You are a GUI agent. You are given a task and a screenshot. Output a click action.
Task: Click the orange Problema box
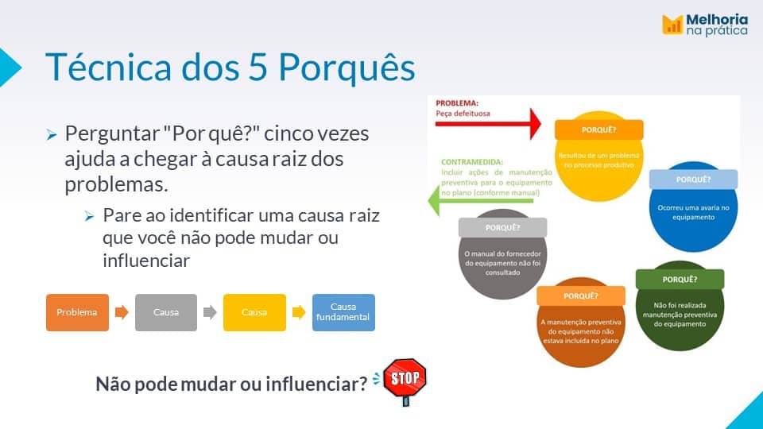point(77,312)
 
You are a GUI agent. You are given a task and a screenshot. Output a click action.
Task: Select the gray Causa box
point(166,312)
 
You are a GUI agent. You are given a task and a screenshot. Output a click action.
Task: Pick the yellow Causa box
point(254,312)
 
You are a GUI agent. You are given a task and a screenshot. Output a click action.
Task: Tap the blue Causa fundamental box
point(343,312)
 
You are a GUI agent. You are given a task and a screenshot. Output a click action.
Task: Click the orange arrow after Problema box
point(122,311)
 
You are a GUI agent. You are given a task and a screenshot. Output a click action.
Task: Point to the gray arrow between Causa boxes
point(210,311)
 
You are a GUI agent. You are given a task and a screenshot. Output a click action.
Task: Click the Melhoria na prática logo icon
point(672,25)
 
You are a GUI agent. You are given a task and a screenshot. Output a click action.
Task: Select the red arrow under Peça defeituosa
point(488,124)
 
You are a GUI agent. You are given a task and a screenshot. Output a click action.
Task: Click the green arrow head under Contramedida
point(434,200)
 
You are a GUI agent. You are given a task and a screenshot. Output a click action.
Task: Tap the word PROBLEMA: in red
point(457,103)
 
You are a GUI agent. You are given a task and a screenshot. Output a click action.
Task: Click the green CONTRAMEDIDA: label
point(472,162)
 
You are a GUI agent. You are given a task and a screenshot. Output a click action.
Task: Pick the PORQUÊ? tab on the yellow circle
point(599,129)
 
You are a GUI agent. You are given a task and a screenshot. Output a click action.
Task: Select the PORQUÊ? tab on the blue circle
point(693,180)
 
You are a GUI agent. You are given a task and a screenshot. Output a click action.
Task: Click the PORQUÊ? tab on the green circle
point(680,279)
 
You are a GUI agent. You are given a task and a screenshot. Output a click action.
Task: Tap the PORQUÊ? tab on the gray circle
point(502,228)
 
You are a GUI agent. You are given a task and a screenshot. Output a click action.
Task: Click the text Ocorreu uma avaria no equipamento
point(693,213)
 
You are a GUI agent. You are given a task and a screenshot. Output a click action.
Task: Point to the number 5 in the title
point(258,67)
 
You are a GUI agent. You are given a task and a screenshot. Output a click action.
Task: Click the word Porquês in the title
point(347,67)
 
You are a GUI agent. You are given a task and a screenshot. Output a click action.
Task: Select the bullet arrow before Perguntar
point(52,135)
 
